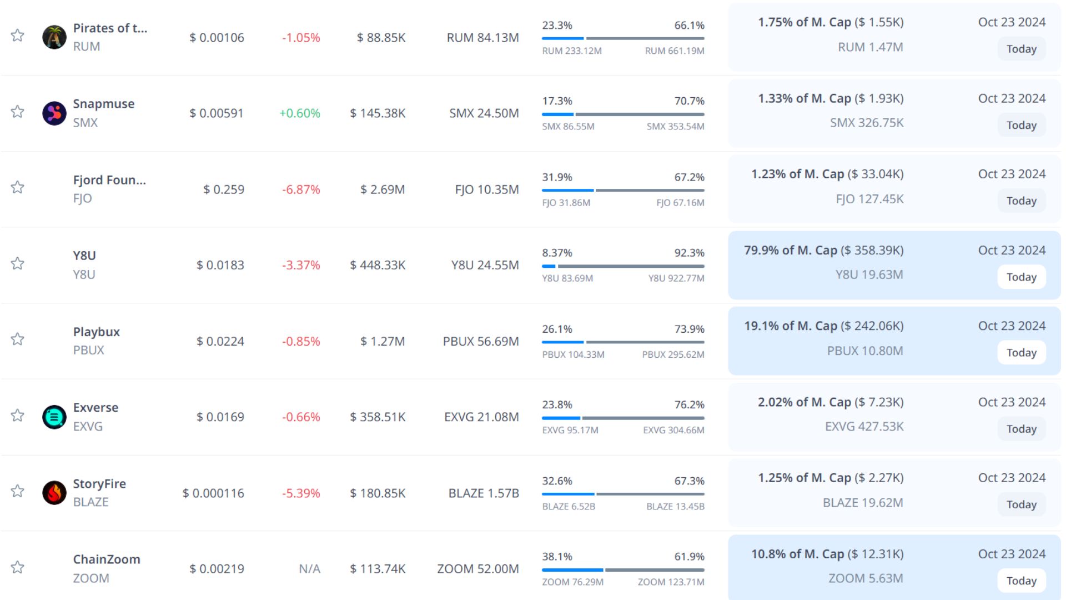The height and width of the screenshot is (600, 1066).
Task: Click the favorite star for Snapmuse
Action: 18,112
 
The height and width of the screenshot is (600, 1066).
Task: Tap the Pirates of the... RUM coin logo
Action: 54,37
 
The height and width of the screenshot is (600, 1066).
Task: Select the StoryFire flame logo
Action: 54,493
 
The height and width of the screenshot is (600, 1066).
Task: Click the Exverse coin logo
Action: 54,417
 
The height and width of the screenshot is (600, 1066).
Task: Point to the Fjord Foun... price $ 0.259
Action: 224,189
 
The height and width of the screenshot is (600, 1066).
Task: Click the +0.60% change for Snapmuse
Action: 300,113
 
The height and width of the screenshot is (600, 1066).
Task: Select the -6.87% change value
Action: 301,189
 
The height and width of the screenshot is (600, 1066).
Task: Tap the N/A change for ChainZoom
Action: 309,569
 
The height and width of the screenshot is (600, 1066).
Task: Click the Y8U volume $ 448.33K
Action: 378,266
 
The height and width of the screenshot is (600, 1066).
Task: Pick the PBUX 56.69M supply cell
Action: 481,341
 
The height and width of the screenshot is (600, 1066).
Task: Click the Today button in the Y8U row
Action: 1021,277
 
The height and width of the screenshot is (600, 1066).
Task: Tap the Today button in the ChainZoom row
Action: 1021,581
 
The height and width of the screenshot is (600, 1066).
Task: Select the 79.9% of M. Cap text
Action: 790,251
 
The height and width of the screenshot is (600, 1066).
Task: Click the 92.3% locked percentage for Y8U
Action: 689,253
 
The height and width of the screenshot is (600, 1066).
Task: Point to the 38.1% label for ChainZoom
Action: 557,557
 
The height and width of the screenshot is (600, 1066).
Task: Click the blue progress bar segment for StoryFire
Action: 568,494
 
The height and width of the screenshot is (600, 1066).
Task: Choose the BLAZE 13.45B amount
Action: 675,507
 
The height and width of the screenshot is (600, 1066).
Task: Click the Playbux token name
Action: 97,332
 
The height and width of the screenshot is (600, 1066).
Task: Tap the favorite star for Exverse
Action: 18,416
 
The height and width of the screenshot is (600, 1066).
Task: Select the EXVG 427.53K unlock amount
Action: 864,427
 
